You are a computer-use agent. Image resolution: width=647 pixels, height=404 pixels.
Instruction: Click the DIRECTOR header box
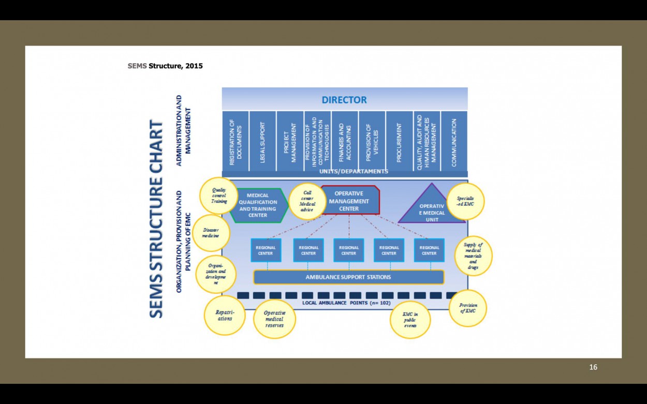click(344, 99)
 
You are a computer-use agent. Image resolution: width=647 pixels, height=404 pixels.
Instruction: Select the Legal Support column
click(262, 141)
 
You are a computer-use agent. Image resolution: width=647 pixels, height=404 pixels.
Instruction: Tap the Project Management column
click(289, 141)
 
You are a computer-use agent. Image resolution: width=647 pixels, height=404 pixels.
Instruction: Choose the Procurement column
click(399, 141)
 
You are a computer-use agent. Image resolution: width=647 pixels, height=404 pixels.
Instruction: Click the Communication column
click(454, 141)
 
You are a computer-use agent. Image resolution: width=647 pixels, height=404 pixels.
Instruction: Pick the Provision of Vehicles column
click(372, 141)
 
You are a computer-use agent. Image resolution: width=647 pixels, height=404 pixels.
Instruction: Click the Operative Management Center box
click(350, 201)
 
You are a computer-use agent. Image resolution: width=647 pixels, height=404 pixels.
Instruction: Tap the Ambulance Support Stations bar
click(348, 277)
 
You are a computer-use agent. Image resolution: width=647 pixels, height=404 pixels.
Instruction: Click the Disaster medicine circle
click(211, 233)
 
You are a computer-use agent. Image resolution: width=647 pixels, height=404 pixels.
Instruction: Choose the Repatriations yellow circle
click(225, 315)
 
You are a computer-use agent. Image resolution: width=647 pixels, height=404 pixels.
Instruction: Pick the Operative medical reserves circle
click(274, 319)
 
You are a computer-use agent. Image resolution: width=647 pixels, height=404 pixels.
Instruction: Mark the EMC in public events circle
click(410, 319)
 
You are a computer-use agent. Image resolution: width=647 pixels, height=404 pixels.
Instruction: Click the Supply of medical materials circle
click(473, 256)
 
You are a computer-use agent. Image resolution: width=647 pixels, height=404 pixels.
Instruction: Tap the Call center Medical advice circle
click(307, 201)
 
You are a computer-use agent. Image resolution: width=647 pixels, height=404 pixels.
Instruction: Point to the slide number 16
click(593, 367)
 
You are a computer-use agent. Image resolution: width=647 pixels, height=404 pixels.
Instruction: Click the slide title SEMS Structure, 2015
click(165, 66)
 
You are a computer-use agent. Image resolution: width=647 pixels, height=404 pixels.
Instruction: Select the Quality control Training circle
click(219, 196)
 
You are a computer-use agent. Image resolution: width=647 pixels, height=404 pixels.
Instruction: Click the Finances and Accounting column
click(344, 141)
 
